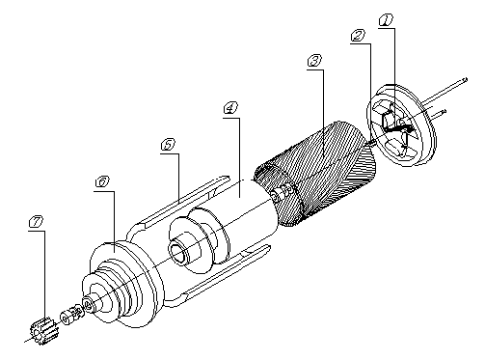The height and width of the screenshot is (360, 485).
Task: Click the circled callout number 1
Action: pyautogui.click(x=386, y=20)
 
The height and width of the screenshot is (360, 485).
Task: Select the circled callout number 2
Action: pyautogui.click(x=358, y=36)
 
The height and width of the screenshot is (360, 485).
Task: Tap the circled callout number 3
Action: pyautogui.click(x=314, y=61)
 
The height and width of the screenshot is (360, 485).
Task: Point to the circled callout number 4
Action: pyautogui.click(x=230, y=108)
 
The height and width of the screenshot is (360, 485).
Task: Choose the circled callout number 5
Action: pyautogui.click(x=168, y=145)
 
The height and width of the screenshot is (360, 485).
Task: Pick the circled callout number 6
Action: pyautogui.click(x=102, y=182)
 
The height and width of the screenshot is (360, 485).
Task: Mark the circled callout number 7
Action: pyautogui.click(x=36, y=222)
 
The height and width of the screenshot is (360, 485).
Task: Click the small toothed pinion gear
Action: pyautogui.click(x=41, y=331)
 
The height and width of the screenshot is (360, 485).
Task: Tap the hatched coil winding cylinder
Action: pyautogui.click(x=315, y=174)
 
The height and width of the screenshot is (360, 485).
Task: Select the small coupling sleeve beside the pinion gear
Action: pyautogui.click(x=71, y=315)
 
